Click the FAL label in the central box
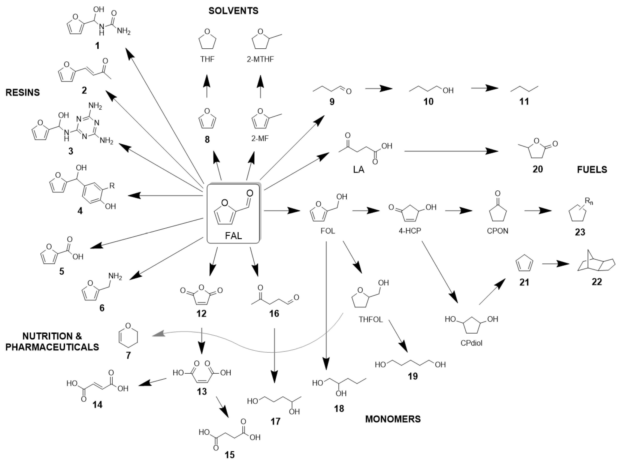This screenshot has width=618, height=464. (x=234, y=236)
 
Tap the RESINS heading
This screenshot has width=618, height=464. (x=23, y=92)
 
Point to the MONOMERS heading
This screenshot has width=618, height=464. (x=393, y=419)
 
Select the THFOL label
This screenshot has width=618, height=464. (x=371, y=320)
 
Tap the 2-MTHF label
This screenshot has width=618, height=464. (x=260, y=59)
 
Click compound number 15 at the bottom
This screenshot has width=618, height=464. (x=230, y=455)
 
